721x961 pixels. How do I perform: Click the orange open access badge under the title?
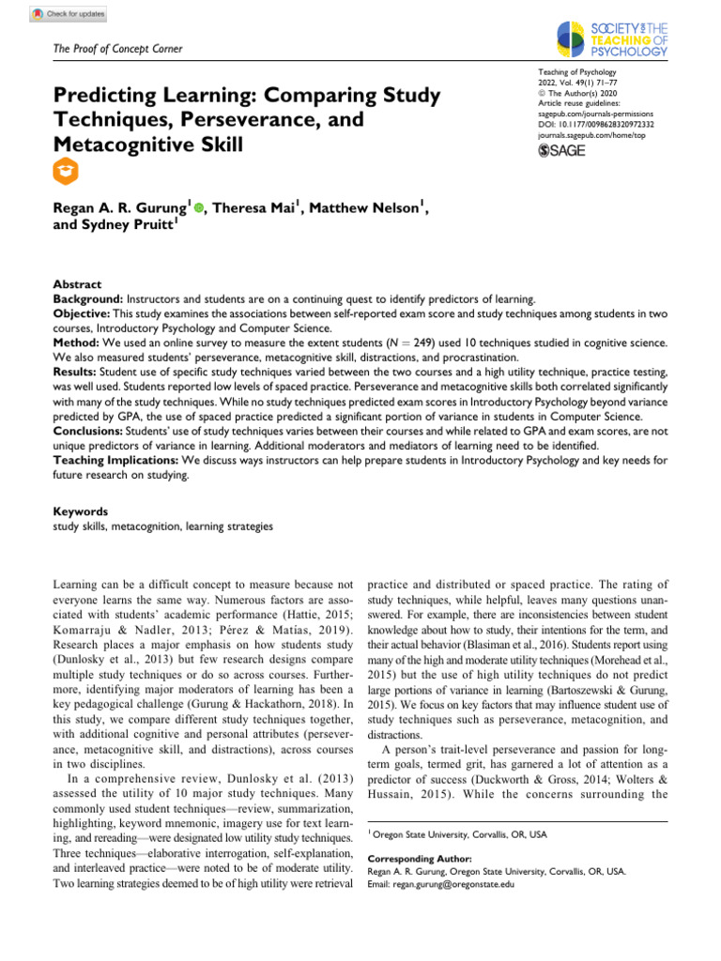point(68,170)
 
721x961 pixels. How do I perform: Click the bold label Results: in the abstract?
point(78,373)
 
